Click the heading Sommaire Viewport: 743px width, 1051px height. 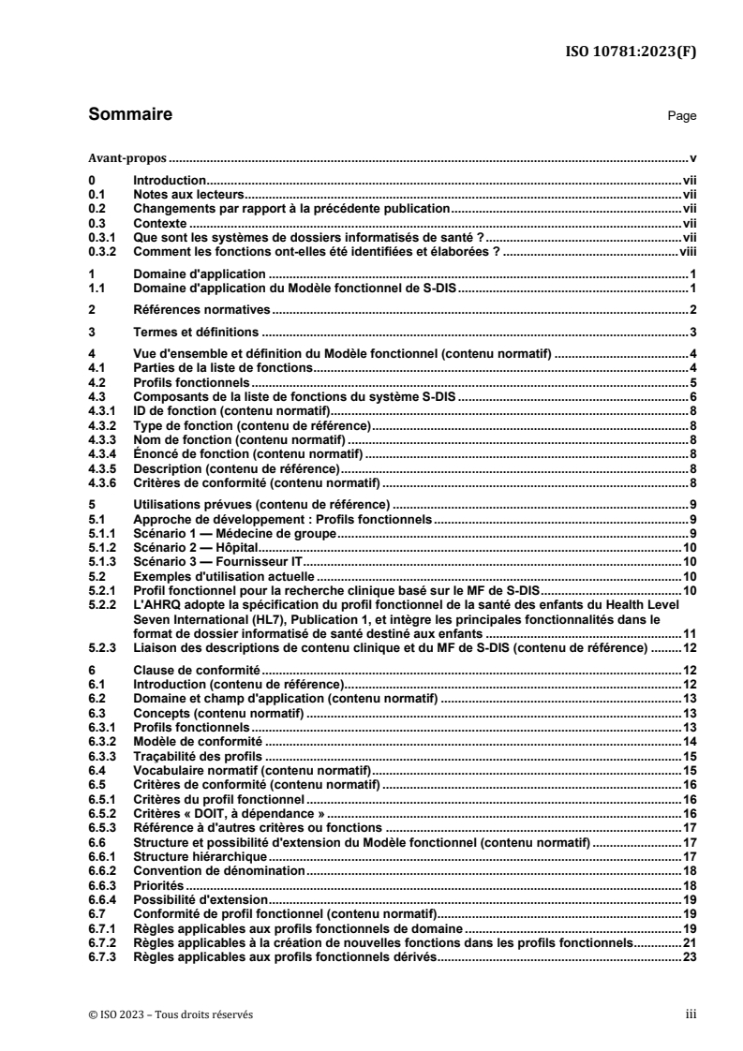pos(129,116)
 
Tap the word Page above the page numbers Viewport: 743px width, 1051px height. pos(681,117)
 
